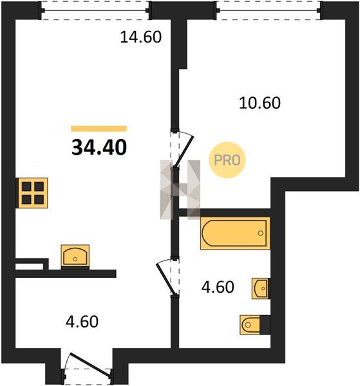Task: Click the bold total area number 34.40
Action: [99, 148]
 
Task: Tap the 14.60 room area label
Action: [140, 37]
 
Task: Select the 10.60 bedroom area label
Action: [260, 103]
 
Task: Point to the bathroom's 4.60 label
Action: [218, 287]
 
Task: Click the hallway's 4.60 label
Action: [82, 322]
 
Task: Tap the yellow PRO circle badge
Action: [227, 160]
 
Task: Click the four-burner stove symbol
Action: [32, 193]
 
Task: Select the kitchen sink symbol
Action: [75, 257]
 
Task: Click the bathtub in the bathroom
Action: [235, 233]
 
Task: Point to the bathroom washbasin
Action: [261, 288]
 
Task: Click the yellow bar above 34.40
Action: [99, 129]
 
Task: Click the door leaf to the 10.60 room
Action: [184, 151]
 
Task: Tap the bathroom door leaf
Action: [166, 279]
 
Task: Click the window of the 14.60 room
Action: [95, 10]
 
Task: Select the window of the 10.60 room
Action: [269, 10]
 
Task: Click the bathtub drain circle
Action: [260, 233]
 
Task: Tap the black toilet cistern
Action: [265, 325]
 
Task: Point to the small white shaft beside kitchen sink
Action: [30, 266]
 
